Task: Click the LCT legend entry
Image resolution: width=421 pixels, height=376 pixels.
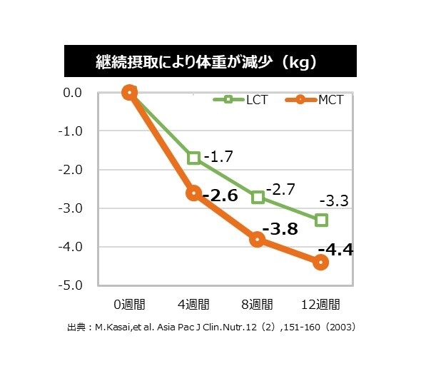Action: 243,100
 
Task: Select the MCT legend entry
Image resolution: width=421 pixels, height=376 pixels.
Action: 315,100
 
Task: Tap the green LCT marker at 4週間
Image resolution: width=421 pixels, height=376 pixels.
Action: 193,158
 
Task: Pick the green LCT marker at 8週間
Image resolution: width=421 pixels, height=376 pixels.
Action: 258,197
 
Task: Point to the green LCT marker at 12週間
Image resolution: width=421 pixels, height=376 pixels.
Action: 321,220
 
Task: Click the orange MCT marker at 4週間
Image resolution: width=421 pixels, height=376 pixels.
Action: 193,193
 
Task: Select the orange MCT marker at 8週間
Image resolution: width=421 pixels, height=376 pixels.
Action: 258,239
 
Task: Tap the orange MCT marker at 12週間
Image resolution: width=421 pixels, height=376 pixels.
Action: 321,262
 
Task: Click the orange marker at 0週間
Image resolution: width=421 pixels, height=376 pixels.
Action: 129,92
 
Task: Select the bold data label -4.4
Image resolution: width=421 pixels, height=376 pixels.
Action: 335,250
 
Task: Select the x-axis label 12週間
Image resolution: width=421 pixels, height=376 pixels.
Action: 321,304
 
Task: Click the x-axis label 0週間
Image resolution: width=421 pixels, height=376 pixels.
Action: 129,304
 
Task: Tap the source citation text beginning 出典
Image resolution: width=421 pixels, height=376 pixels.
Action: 211,328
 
